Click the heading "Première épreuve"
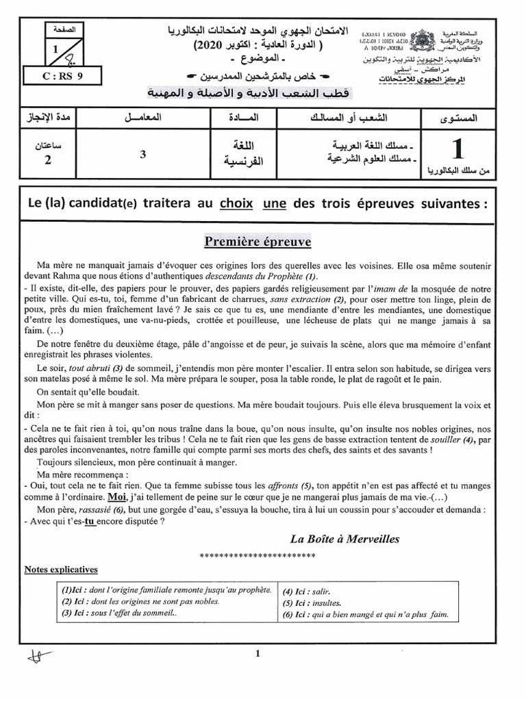257,242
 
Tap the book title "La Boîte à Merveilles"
345,539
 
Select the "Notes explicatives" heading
61,570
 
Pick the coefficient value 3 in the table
142,155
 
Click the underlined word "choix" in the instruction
236,204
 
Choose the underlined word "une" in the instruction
275,204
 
